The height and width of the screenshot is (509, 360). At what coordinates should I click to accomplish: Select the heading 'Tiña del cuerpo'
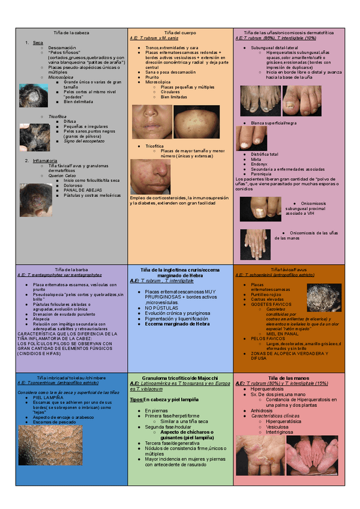click(179, 31)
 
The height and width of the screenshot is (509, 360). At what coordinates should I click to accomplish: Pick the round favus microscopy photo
click(324, 298)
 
